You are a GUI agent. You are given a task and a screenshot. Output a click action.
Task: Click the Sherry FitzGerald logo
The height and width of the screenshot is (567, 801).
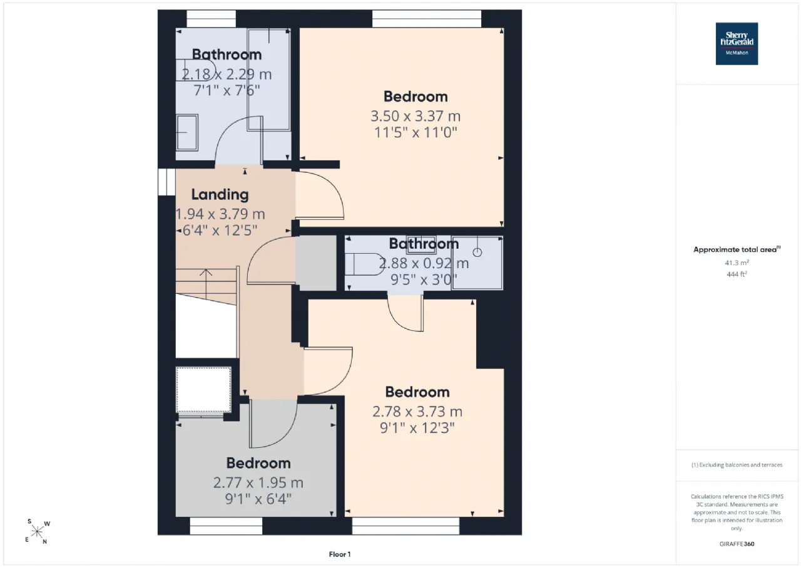(737, 44)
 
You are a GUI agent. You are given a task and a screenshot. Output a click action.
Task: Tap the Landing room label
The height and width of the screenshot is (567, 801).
(220, 195)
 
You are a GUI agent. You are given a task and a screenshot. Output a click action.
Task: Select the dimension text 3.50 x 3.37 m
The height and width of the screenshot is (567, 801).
(415, 116)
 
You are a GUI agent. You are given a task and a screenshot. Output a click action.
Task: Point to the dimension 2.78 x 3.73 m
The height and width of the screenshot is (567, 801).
(417, 412)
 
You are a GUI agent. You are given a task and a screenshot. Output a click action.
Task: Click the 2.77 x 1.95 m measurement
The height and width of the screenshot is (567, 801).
(258, 483)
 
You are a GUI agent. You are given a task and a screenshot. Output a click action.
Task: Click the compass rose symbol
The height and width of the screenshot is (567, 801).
(37, 532)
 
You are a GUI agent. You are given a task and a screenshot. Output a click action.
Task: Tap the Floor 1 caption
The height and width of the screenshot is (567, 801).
(340, 554)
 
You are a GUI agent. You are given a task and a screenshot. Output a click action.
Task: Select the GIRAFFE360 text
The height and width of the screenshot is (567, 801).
(737, 544)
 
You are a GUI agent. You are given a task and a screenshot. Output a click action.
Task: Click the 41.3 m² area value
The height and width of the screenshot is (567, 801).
(737, 263)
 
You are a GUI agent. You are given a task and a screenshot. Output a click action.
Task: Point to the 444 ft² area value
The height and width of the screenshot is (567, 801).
(737, 274)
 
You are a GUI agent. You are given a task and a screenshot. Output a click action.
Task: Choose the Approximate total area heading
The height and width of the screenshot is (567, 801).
(737, 249)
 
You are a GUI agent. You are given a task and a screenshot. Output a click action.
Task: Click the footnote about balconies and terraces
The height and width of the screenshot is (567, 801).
(737, 465)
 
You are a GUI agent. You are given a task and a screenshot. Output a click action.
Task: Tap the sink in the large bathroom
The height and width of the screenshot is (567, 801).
(187, 132)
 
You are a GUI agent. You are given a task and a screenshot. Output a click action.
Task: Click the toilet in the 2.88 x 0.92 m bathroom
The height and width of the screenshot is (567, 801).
(365, 264)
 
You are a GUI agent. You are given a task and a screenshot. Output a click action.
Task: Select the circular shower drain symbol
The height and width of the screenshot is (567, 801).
(477, 252)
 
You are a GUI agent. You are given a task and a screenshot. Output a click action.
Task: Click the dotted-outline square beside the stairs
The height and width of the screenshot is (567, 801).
(203, 390)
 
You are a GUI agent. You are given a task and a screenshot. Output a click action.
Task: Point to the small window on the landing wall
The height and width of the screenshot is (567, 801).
(166, 182)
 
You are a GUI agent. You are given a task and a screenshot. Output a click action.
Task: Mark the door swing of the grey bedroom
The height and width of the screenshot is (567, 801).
(273, 424)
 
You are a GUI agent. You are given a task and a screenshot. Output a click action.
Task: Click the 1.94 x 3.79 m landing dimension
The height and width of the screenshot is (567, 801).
(220, 214)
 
